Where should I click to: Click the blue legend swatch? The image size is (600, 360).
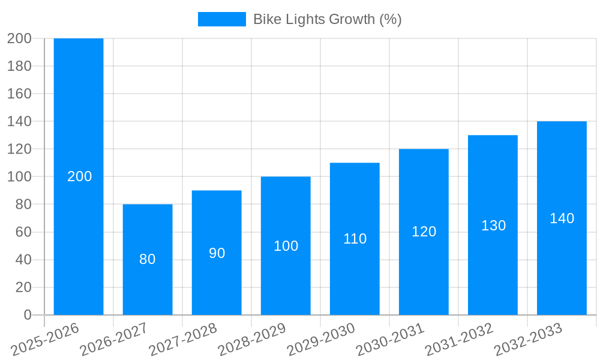coord(221,19)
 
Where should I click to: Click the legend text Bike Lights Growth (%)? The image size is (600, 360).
coord(327,19)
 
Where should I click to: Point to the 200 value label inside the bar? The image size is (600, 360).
coord(79,176)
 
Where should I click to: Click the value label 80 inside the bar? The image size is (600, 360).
coord(148,259)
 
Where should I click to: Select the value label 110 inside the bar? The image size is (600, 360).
coord(355,239)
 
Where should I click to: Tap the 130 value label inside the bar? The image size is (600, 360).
coord(493,226)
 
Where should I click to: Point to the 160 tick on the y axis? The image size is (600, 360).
coord(19,94)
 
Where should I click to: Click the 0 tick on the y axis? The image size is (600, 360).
coord(28,315)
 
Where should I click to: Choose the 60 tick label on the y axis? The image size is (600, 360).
coord(23,232)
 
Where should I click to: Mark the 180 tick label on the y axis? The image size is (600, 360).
coord(19,66)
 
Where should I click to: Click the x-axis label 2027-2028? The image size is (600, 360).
coord(182,340)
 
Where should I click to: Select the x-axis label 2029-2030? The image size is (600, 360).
coord(320,340)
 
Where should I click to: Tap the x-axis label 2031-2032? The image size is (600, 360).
coord(458,340)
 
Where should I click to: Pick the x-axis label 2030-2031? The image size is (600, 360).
coord(389,340)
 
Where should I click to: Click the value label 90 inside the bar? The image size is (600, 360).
coord(217,253)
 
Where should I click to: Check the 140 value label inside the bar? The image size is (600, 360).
coord(562,218)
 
